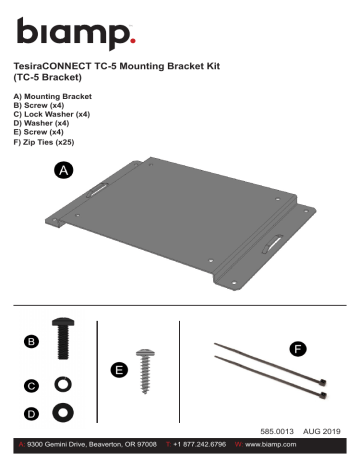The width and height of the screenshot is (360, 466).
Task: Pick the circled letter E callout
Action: (x=120, y=370)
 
